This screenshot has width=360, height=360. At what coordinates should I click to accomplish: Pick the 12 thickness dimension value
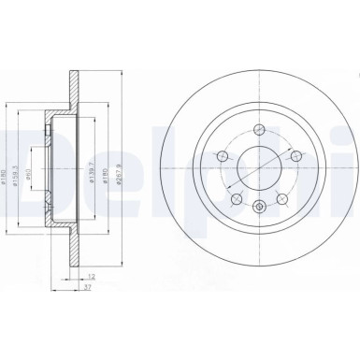pos(90,277)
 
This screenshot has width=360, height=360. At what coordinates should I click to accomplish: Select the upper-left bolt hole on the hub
pos(223,155)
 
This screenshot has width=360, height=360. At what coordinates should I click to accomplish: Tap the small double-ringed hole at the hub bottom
pos(257,201)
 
